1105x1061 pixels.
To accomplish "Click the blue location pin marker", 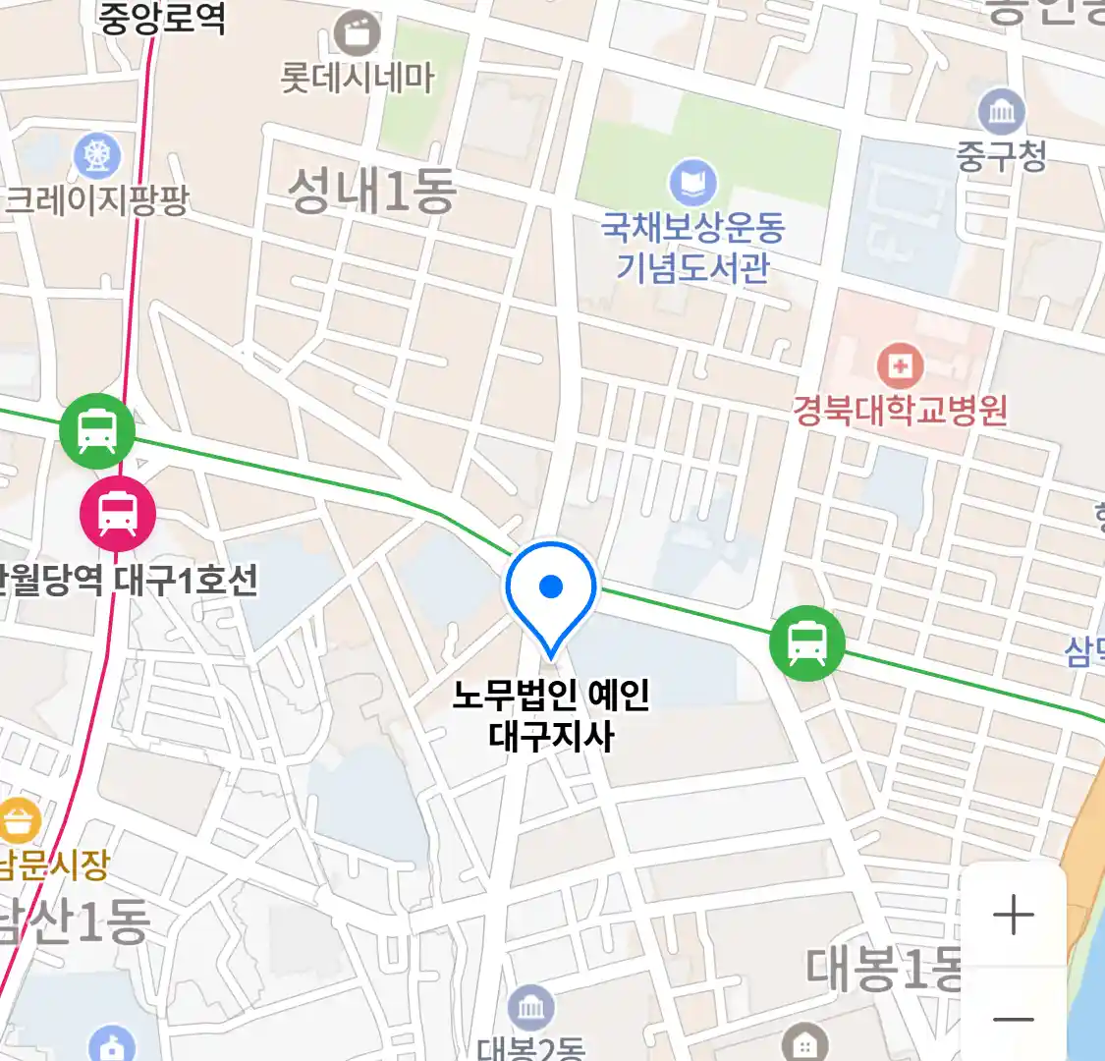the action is (x=551, y=589).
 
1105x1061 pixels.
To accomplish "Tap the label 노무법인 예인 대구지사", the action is (x=551, y=714).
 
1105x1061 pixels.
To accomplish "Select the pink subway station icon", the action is (x=118, y=512).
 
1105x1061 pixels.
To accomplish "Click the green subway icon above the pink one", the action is (x=96, y=430).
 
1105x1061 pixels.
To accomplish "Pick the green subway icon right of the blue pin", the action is (x=806, y=643).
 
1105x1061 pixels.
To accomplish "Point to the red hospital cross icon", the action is (x=900, y=367).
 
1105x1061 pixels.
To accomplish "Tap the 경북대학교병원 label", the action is (x=900, y=409).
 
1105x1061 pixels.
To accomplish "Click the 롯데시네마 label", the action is (x=357, y=78).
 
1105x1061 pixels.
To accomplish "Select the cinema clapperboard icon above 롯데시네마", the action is (x=357, y=33).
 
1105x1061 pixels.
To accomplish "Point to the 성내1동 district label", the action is (x=371, y=190).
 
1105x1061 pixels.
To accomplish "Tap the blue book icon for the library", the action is (x=692, y=184).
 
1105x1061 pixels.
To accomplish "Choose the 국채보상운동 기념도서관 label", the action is (x=692, y=247).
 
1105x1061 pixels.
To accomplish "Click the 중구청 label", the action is (x=1001, y=155).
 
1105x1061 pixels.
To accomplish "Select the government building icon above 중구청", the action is (x=1001, y=112).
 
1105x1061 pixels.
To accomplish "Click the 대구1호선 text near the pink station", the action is (x=186, y=580).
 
